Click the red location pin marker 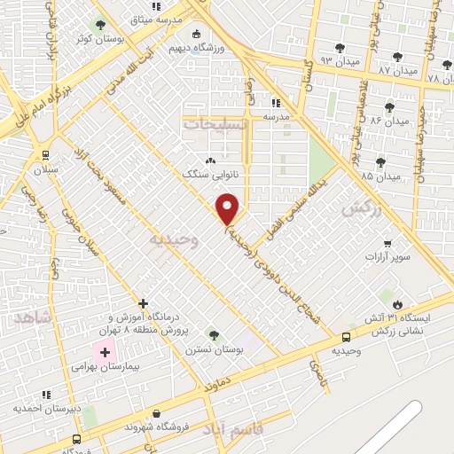(x=229, y=208)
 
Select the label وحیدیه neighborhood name (x=169, y=239)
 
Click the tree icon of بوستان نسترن (x=213, y=334)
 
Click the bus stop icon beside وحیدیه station (x=346, y=337)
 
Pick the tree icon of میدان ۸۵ (x=380, y=162)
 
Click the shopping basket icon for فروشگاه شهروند (x=157, y=413)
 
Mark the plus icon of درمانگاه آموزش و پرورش (x=143, y=302)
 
